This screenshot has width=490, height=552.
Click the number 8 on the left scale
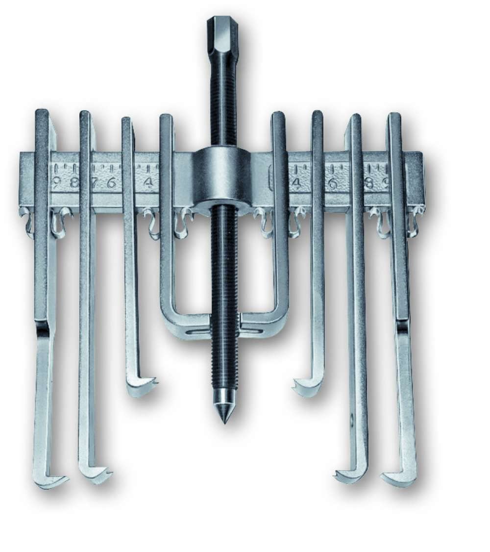coord(74,183)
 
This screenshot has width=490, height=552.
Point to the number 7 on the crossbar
coord(95,183)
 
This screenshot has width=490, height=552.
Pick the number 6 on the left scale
coord(112,183)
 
